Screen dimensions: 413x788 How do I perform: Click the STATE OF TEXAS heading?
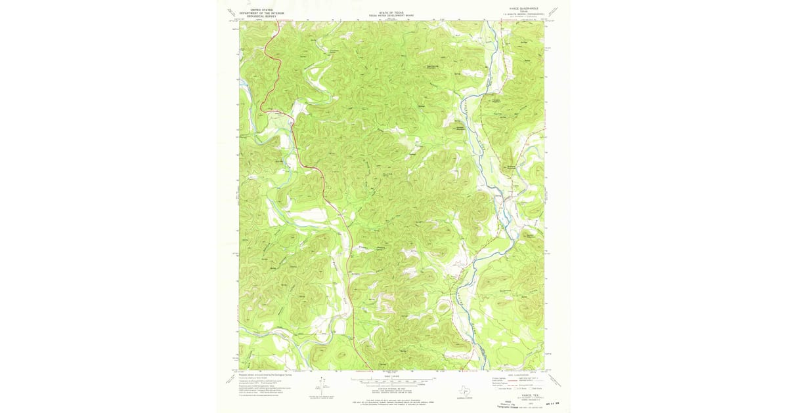pyautogui.click(x=391, y=11)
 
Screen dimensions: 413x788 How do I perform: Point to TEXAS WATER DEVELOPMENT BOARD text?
pyautogui.click(x=391, y=14)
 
